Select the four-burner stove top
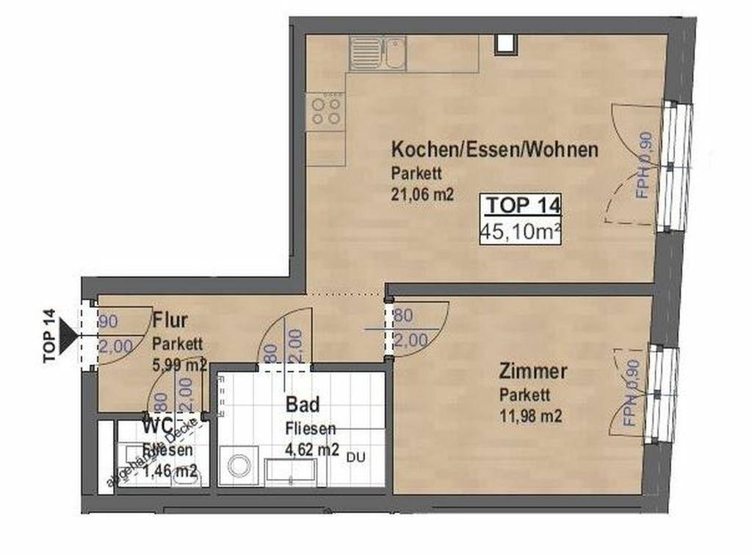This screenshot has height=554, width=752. [x=326, y=111]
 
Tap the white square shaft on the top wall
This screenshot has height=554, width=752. [x=505, y=43]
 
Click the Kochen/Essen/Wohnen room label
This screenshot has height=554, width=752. [x=494, y=150]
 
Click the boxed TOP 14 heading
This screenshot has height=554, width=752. [x=521, y=206]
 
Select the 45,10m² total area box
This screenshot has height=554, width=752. [x=521, y=233]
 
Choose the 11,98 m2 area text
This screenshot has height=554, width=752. [x=531, y=417]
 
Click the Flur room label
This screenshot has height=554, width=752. [x=170, y=320]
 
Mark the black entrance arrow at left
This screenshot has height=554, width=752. [x=69, y=335]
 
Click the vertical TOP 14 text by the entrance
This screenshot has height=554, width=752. [x=49, y=336]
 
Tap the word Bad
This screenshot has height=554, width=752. [x=302, y=405]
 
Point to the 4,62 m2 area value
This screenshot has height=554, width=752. [x=312, y=450]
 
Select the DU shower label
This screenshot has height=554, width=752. [x=356, y=457]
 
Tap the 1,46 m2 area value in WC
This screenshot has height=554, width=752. [x=170, y=471]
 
